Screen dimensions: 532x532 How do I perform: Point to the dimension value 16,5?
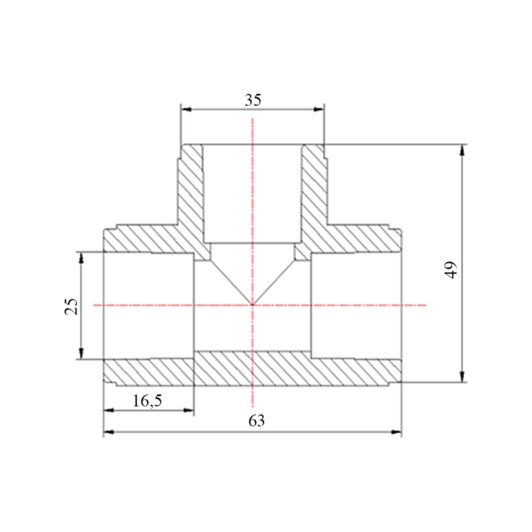[x=147, y=401]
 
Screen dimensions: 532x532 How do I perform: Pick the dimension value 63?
[x=256, y=420]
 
